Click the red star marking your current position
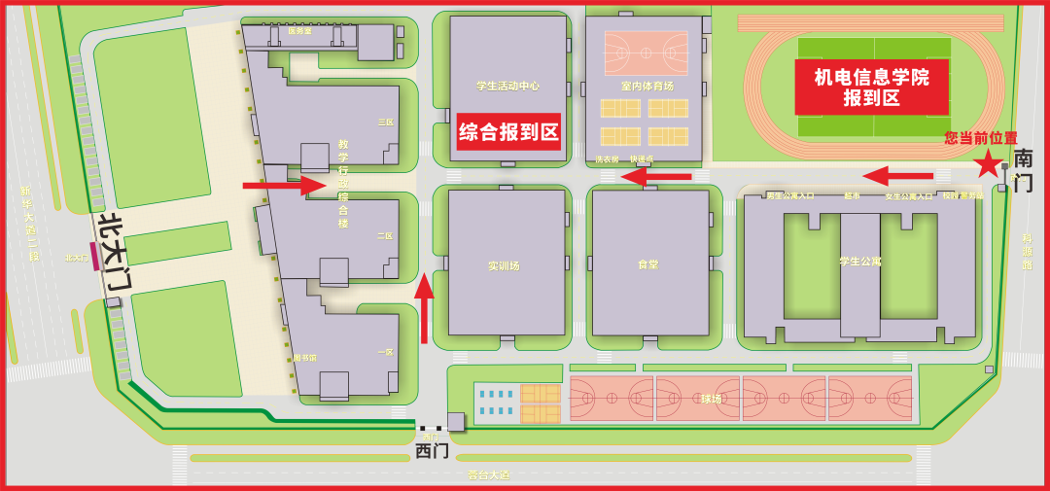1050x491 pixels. (x=989, y=163)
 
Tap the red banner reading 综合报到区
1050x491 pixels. (x=508, y=132)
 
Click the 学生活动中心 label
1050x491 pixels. (x=507, y=86)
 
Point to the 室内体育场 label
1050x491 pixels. (x=647, y=86)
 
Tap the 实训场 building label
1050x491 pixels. (x=504, y=265)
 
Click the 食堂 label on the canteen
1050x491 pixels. (x=647, y=264)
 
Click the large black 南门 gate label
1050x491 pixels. (x=1023, y=170)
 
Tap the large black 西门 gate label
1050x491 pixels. (x=432, y=451)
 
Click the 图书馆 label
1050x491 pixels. (x=305, y=358)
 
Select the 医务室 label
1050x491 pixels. (x=299, y=31)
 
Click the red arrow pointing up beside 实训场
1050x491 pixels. (x=424, y=307)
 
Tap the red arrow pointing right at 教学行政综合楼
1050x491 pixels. (x=283, y=185)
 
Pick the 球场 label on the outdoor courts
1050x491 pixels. (x=711, y=399)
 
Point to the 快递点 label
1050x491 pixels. (x=642, y=159)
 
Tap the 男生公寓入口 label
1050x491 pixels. (x=789, y=196)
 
